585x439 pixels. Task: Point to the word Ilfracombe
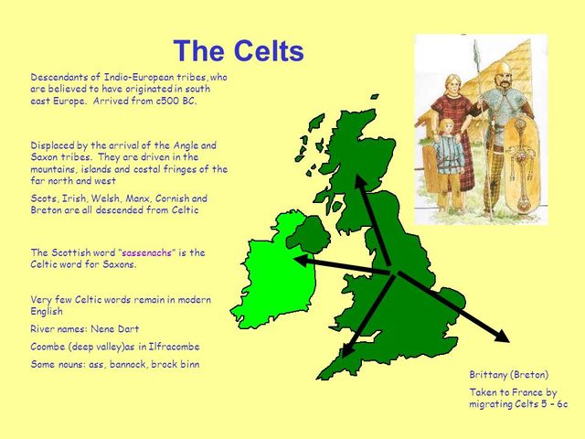168,347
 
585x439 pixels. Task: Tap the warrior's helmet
504,69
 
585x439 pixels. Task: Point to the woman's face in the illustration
452,80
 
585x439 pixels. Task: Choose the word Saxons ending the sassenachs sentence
116,263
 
